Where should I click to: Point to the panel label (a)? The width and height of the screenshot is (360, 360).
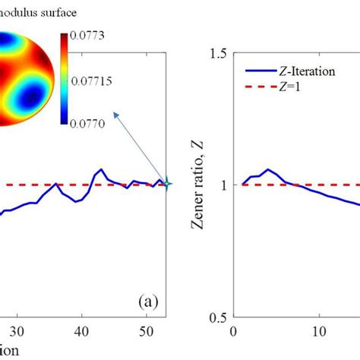click(148, 302)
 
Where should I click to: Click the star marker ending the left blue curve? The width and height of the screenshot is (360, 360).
click(167, 184)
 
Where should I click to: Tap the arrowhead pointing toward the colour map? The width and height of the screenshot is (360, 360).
click(115, 114)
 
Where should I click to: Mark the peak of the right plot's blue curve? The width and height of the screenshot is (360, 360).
click(267, 169)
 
